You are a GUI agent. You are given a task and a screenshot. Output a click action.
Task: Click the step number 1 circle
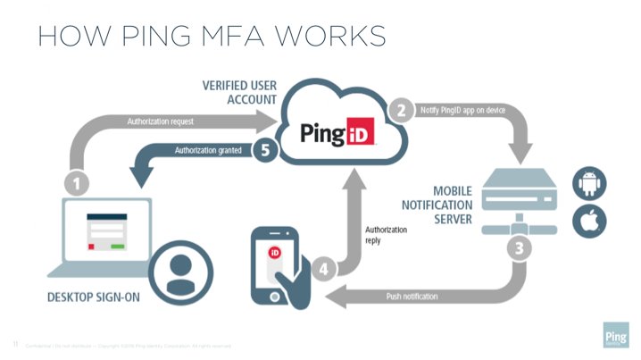pyautogui.click(x=78, y=184)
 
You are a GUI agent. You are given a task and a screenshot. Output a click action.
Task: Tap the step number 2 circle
pyautogui.click(x=402, y=111)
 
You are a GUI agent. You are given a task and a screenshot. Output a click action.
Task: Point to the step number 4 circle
pyautogui.click(x=325, y=267)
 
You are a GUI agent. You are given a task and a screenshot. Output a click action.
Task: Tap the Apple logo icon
pyautogui.click(x=590, y=220)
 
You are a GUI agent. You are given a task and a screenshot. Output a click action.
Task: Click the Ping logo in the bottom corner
pyautogui.click(x=615, y=336)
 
